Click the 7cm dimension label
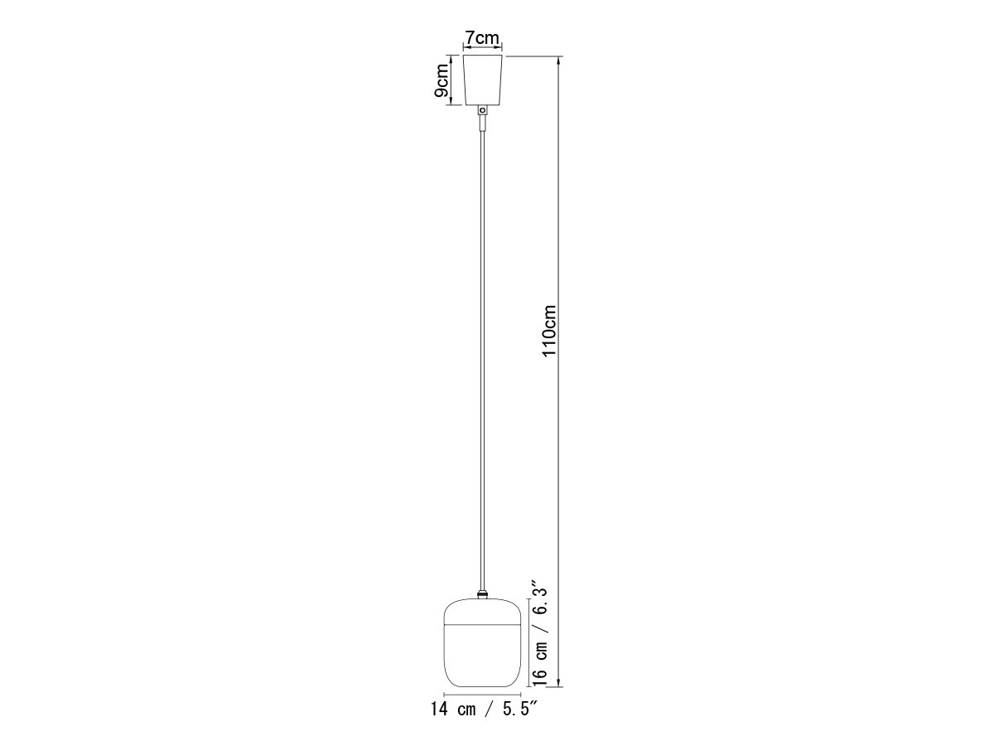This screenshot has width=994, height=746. (482, 37)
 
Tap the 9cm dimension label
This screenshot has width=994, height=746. (441, 80)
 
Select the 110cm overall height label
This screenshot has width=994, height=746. (549, 331)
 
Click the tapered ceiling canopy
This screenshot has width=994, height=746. (483, 80)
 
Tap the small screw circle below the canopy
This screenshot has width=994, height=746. (483, 110)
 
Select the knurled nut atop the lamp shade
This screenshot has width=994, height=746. (483, 594)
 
